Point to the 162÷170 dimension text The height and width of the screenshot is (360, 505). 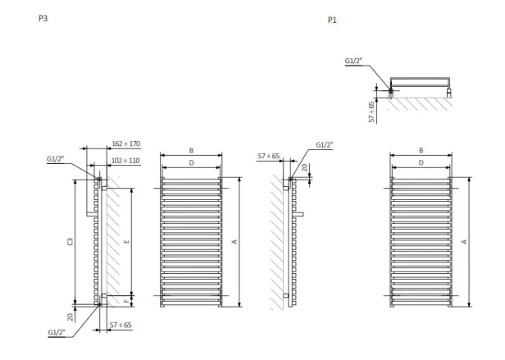tap(126, 144)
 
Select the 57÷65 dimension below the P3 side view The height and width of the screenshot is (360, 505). tap(121, 326)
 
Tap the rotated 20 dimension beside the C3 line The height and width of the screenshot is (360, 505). tap(71, 315)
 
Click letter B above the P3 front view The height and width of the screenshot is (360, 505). tap(190, 151)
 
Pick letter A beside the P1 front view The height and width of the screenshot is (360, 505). tap(465, 241)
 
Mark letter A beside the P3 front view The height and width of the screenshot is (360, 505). tap(235, 241)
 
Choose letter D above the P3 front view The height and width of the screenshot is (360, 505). tap(190, 163)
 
